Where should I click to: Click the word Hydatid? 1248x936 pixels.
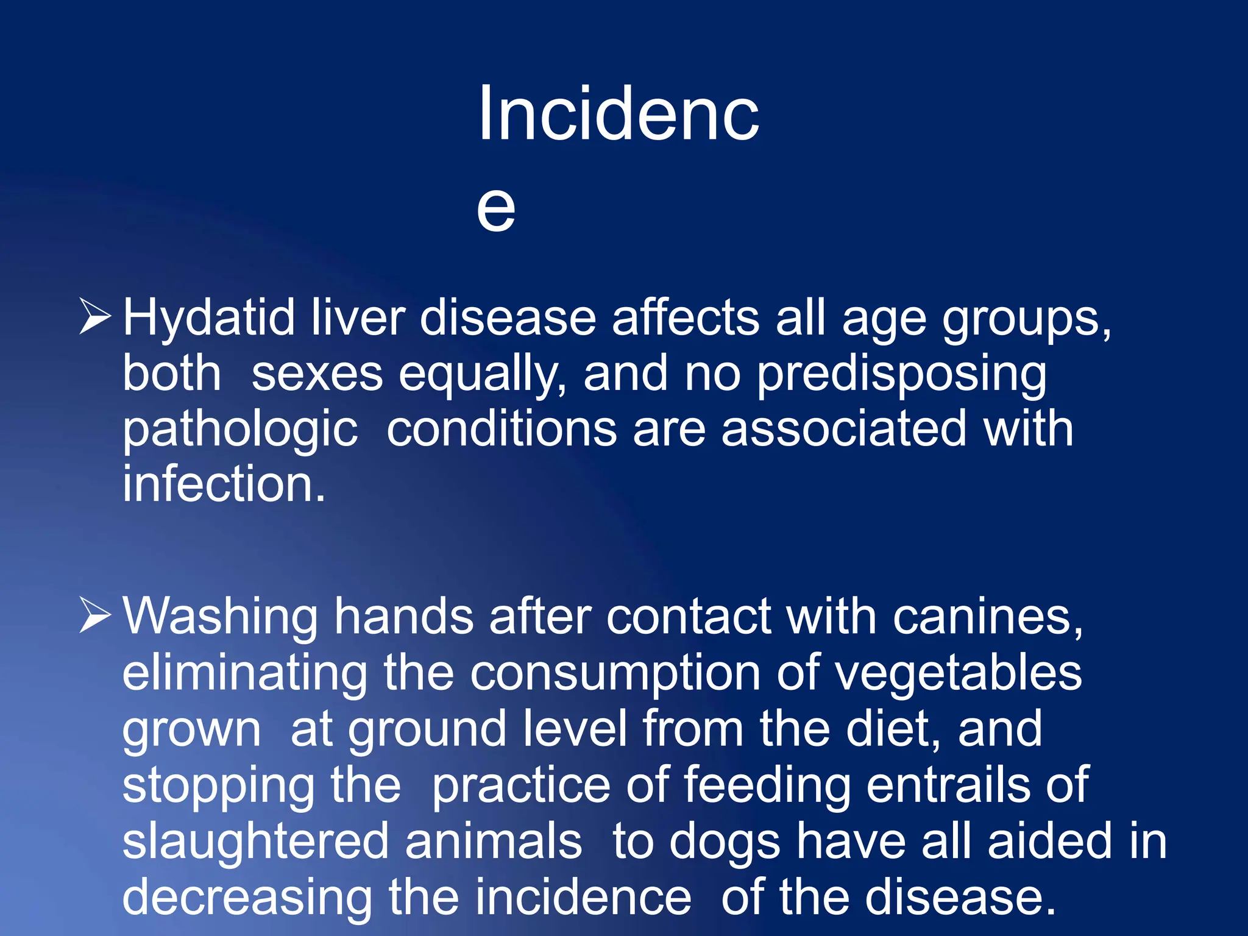click(208, 319)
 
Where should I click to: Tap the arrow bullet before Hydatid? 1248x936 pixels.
click(95, 316)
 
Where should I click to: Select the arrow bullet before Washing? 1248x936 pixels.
click(95, 615)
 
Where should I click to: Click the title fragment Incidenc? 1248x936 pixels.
click(618, 114)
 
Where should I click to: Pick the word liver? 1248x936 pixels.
click(358, 317)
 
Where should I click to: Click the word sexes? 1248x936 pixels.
click(317, 374)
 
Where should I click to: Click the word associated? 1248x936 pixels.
click(844, 428)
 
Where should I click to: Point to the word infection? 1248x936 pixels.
click(224, 484)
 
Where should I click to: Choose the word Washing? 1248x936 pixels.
click(220, 617)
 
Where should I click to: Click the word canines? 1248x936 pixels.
click(988, 617)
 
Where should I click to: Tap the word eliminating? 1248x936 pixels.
click(244, 673)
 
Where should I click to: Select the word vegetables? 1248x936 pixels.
click(957, 673)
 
